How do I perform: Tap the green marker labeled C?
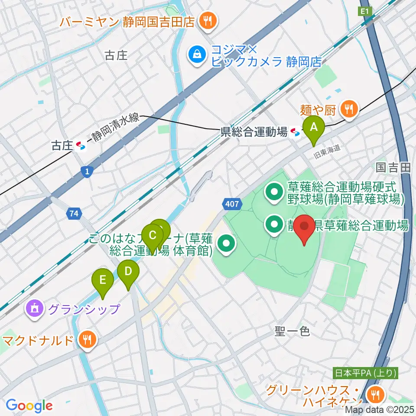tap(152, 236)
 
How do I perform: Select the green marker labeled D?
tap(128, 272)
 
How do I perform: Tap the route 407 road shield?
tap(232, 204)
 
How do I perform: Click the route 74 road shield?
tap(73, 213)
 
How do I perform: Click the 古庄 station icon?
tap(81, 146)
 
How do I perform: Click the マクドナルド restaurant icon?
tap(88, 340)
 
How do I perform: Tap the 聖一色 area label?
tap(292, 332)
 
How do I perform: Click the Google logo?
tap(29, 406)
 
